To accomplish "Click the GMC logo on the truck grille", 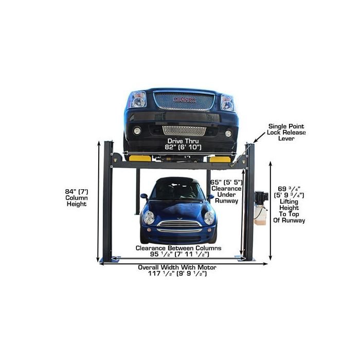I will (184, 99).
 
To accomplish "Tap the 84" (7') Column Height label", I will (76, 197).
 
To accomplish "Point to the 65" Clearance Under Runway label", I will (226, 191).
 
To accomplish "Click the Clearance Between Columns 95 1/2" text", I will (178, 251).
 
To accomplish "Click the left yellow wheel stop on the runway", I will (140, 158).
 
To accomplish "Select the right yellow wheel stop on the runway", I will (220, 158).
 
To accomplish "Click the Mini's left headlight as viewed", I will (149, 217).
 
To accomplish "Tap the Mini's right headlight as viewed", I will (208, 217).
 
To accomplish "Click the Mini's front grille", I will (178, 226).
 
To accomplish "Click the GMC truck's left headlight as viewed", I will (138, 99).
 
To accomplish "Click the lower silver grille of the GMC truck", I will (184, 130).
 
